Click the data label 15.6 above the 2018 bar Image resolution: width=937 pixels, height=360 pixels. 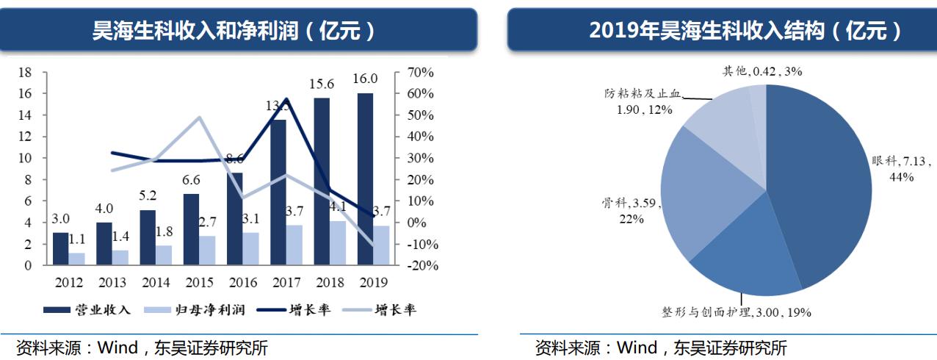point(322,84)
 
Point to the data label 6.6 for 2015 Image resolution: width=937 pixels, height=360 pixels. point(191,180)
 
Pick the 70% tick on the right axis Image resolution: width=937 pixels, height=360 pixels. point(421,73)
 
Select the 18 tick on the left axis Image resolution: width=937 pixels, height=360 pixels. point(24,73)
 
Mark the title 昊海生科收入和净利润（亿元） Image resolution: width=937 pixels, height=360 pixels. point(234,31)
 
